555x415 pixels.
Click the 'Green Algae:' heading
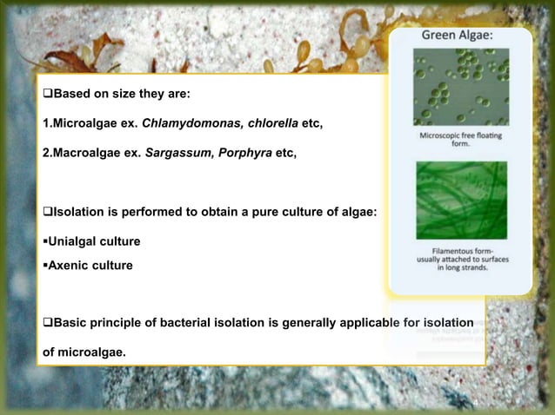pyautogui.click(x=458, y=36)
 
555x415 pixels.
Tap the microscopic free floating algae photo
pyautogui.click(x=461, y=87)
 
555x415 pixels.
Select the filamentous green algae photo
pyautogui.click(x=461, y=200)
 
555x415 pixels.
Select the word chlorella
pyautogui.click(x=268, y=124)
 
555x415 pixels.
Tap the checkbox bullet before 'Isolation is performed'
pyautogui.click(x=48, y=211)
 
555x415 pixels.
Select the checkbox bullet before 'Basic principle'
pyautogui.click(x=48, y=324)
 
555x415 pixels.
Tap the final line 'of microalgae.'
pyautogui.click(x=84, y=352)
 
